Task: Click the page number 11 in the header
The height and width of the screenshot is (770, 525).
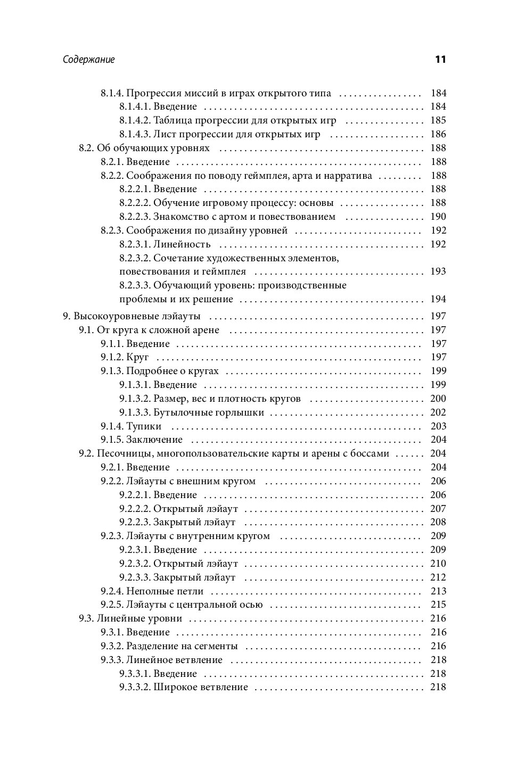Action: click(x=440, y=59)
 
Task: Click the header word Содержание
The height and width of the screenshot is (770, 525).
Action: click(x=88, y=60)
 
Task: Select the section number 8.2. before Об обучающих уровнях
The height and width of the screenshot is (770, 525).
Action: click(x=87, y=148)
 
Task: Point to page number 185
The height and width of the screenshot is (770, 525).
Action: click(x=438, y=120)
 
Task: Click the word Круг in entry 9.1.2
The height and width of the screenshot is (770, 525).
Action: click(x=137, y=357)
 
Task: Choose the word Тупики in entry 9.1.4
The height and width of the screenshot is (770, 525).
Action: click(x=144, y=426)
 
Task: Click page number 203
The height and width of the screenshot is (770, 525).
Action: click(x=438, y=426)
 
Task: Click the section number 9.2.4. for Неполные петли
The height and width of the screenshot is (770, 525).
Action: click(x=112, y=591)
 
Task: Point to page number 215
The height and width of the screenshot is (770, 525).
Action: click(x=438, y=605)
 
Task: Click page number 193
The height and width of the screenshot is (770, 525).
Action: click(x=438, y=271)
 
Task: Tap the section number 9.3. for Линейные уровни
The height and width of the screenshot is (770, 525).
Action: click(x=87, y=618)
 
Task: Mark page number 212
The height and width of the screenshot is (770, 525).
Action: click(x=438, y=577)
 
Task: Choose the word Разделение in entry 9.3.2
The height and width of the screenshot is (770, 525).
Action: click(x=153, y=646)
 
